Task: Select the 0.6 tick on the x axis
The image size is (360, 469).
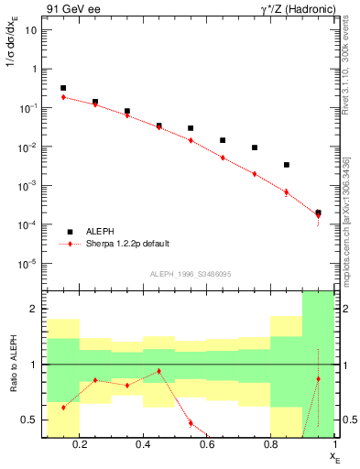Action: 208,446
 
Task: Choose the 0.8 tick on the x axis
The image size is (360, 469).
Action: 271,446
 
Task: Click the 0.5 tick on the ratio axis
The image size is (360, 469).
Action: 29,420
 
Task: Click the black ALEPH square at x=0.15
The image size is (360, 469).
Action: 63,88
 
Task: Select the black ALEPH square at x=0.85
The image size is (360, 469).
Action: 287,165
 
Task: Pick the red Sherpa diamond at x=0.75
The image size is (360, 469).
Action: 255,174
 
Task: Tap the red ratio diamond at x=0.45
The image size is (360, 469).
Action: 159,371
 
